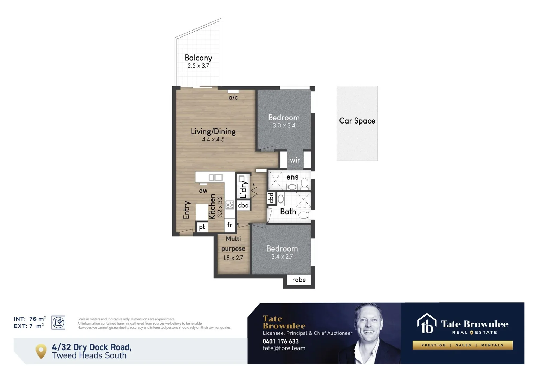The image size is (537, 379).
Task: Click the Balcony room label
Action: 198,58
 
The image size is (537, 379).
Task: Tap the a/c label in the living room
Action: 233,98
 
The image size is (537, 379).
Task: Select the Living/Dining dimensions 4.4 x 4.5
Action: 213,139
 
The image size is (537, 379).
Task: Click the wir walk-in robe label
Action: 295,160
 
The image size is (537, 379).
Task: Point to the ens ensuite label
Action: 292,177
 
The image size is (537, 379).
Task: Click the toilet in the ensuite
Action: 305,184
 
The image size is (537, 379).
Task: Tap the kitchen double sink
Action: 216,178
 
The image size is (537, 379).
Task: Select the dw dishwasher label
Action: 203,191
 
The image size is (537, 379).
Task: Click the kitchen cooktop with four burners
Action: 230,205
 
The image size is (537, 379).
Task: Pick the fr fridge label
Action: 230,225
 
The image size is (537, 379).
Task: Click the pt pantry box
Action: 202,227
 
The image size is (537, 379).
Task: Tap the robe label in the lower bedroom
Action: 299,280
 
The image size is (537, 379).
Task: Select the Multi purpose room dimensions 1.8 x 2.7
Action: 233,258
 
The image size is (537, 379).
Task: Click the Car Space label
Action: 357,121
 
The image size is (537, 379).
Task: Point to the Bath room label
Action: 288,212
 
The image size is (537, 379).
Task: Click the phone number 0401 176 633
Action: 280,341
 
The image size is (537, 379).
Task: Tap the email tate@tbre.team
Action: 284,348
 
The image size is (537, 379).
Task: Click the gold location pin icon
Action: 41,351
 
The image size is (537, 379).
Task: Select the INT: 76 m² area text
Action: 30,319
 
